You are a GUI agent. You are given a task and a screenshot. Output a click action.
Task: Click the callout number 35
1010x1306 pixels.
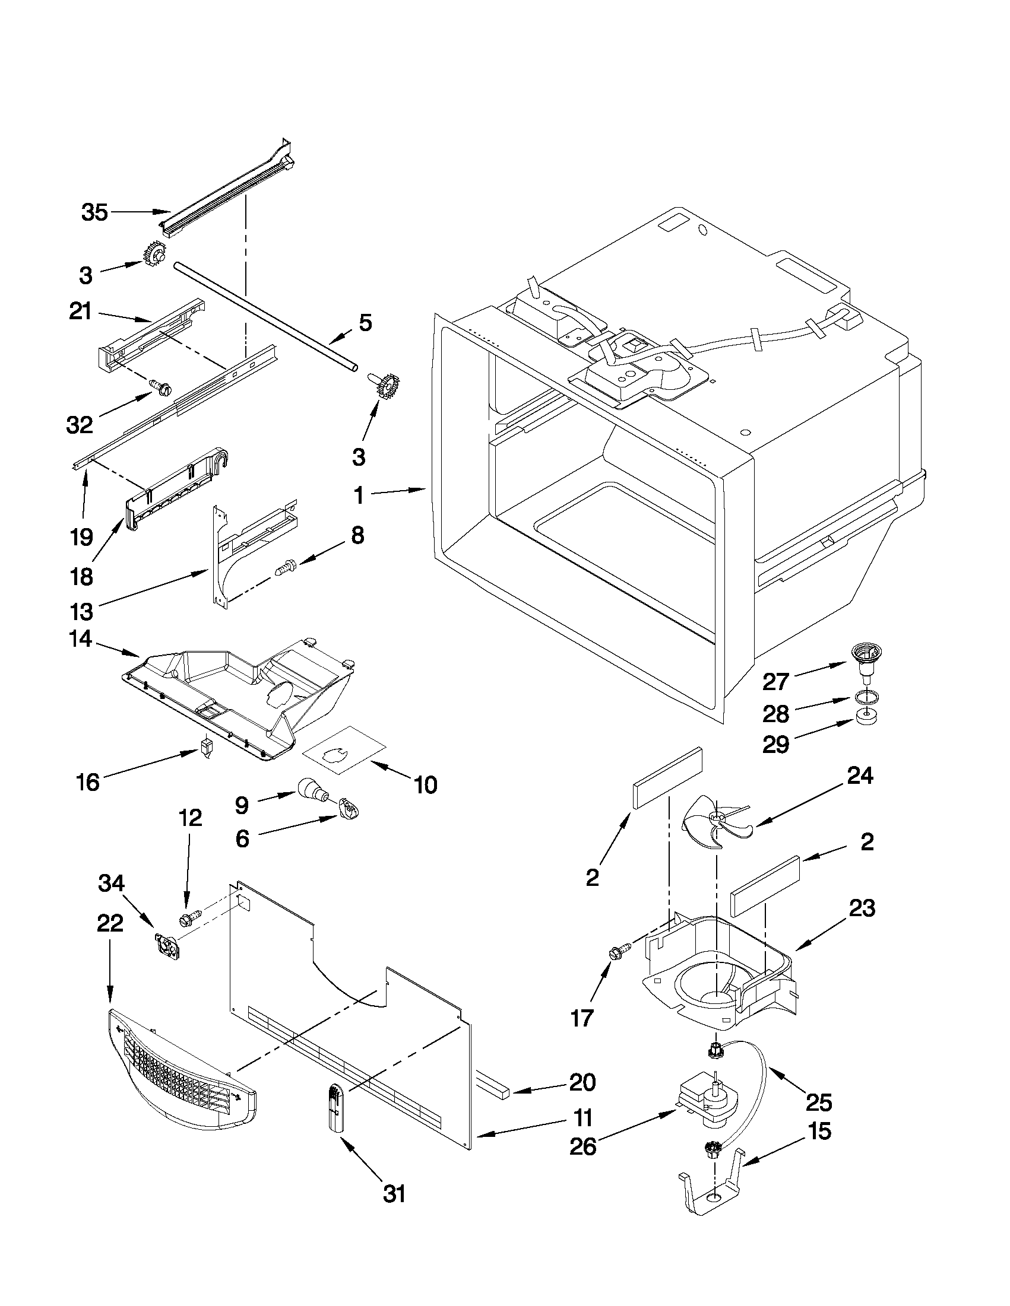click(94, 212)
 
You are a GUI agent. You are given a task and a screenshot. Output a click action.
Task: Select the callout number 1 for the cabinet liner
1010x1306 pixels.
click(359, 495)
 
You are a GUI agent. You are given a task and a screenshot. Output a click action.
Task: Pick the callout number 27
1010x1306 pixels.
click(775, 681)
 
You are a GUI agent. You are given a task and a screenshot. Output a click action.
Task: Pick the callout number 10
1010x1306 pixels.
click(425, 784)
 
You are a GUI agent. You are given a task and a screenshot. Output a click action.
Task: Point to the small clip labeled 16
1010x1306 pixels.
click(207, 747)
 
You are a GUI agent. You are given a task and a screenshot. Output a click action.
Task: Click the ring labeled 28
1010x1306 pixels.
click(859, 697)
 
